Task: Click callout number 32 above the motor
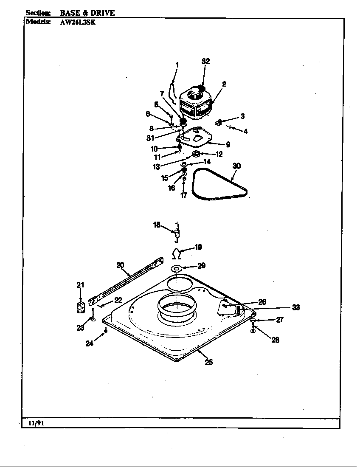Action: pyautogui.click(x=205, y=61)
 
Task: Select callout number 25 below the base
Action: pyautogui.click(x=208, y=362)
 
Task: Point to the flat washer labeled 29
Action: pyautogui.click(x=177, y=268)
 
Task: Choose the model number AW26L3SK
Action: pyautogui.click(x=78, y=22)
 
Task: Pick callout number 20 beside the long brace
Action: pyautogui.click(x=120, y=265)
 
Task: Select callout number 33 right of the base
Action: pyautogui.click(x=295, y=307)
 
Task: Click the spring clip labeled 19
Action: pyautogui.click(x=177, y=254)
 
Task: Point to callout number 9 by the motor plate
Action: pyautogui.click(x=228, y=145)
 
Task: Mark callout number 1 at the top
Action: pyautogui.click(x=177, y=65)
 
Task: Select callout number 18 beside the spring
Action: pyautogui.click(x=157, y=225)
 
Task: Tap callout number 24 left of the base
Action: pyautogui.click(x=89, y=343)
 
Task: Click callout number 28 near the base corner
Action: pyautogui.click(x=275, y=340)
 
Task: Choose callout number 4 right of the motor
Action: pyautogui.click(x=245, y=131)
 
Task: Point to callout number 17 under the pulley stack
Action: pyautogui.click(x=183, y=196)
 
